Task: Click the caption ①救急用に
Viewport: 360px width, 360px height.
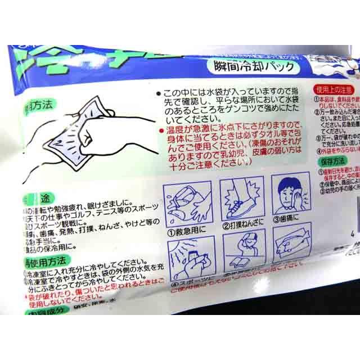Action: pos(185,228)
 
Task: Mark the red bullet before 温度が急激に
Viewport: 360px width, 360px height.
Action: pos(161,130)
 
